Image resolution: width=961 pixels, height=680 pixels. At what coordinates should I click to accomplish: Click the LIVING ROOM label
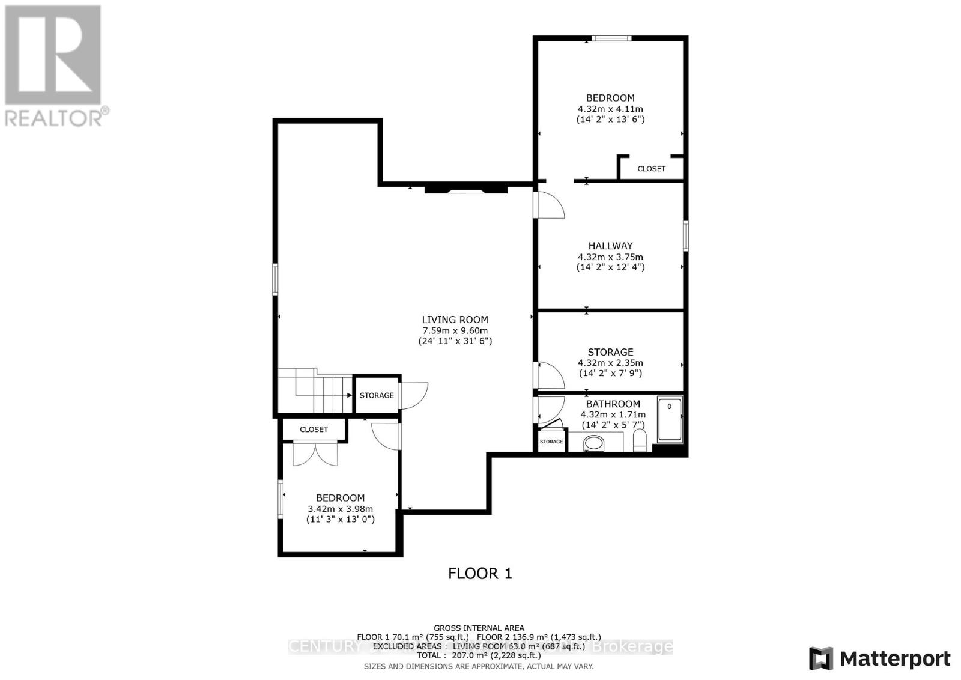click(455, 320)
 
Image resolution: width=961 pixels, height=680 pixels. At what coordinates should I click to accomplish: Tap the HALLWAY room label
click(610, 246)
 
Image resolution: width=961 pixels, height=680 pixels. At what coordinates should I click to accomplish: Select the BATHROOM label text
click(613, 404)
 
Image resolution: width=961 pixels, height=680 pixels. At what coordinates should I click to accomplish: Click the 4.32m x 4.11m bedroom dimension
click(610, 109)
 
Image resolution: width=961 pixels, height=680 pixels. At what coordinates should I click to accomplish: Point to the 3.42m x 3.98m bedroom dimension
click(340, 508)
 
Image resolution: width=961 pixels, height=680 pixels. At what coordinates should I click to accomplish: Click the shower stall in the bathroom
click(670, 419)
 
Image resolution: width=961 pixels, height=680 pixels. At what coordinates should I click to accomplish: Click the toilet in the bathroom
click(639, 441)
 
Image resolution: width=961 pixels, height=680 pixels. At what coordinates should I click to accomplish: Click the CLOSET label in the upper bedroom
click(651, 169)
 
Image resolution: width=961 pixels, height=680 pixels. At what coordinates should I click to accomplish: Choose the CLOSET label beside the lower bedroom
click(314, 430)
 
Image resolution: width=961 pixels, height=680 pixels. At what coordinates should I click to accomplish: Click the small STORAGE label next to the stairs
click(377, 395)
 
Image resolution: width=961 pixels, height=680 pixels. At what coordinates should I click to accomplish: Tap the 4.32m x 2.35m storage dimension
click(610, 363)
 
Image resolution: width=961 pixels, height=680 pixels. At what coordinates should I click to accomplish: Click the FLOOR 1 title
click(480, 573)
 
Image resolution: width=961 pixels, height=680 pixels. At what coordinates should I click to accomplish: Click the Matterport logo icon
click(821, 658)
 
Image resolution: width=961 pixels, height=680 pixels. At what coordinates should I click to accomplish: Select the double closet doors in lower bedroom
click(315, 454)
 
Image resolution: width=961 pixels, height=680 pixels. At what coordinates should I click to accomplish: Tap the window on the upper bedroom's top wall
click(611, 39)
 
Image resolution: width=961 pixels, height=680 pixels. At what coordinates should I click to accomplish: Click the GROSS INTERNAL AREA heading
click(479, 628)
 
